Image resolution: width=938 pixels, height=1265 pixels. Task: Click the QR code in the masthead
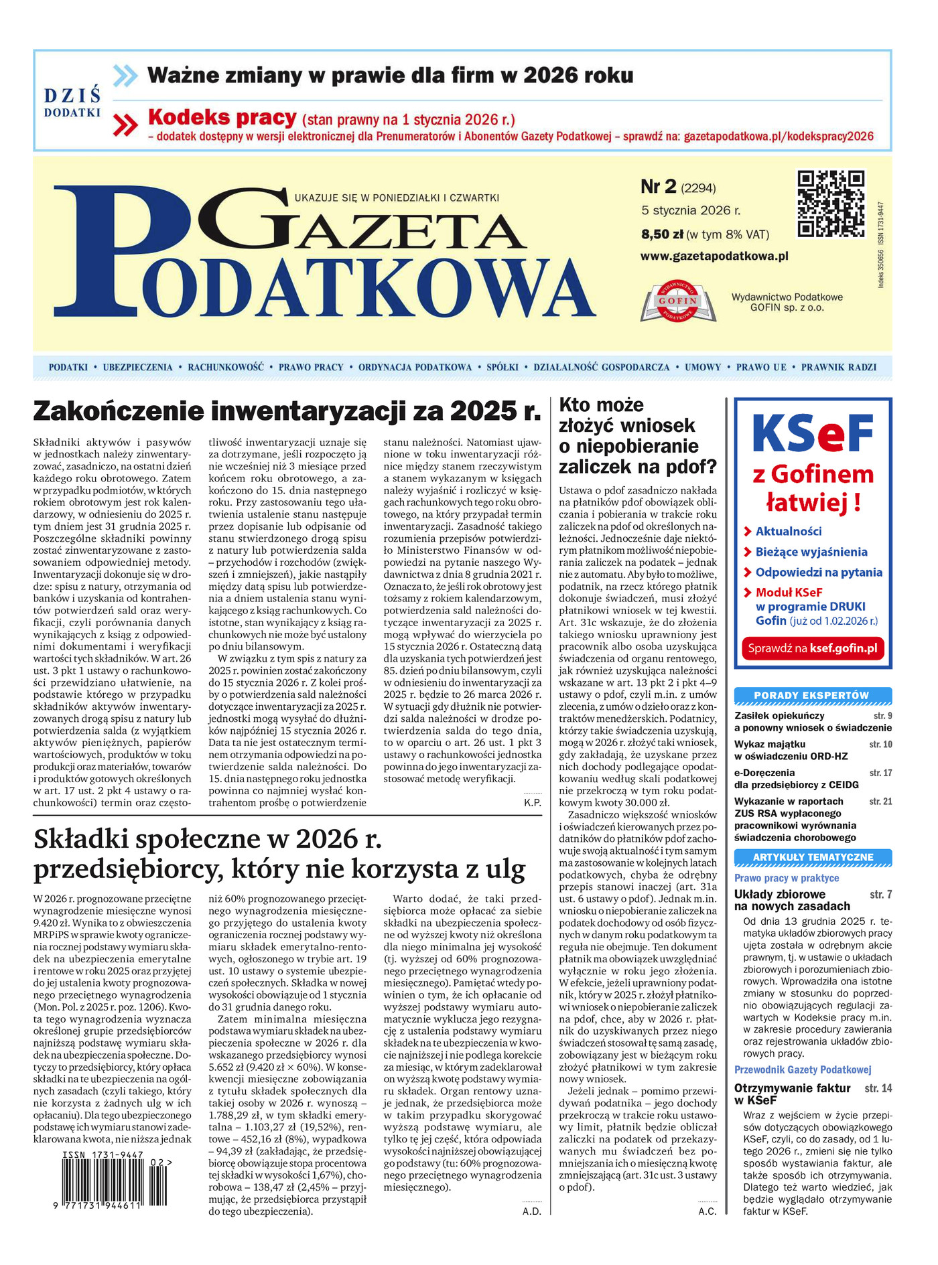(x=831, y=204)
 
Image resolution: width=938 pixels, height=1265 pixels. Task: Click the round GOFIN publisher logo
(x=678, y=301)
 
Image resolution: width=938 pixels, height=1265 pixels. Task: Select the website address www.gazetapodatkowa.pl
(x=714, y=256)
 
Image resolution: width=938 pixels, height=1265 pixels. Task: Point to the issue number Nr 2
(x=659, y=187)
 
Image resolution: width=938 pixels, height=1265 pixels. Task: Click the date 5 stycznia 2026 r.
(x=691, y=210)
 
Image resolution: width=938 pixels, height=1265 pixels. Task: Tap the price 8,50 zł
(x=662, y=234)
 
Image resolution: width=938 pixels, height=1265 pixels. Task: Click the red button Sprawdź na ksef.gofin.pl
(x=813, y=648)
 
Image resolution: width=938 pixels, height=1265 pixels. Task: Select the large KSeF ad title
(x=813, y=434)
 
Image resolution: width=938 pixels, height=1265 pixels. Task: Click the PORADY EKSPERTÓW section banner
(x=813, y=696)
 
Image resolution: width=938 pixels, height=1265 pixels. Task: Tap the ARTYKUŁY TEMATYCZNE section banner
(x=813, y=857)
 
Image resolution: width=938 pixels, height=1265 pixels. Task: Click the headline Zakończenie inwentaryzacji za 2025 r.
(x=287, y=411)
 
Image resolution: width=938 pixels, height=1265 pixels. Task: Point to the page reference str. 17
(x=880, y=773)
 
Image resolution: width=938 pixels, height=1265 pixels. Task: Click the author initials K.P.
(x=533, y=802)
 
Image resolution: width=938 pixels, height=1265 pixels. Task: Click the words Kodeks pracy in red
(x=222, y=118)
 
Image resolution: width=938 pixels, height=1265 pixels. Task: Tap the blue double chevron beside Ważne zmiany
(x=125, y=76)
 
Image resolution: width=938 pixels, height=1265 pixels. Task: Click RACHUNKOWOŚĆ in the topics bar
(x=226, y=367)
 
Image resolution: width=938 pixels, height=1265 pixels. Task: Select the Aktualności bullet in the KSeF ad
(x=788, y=531)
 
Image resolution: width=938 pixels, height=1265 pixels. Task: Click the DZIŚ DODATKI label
(x=72, y=102)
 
